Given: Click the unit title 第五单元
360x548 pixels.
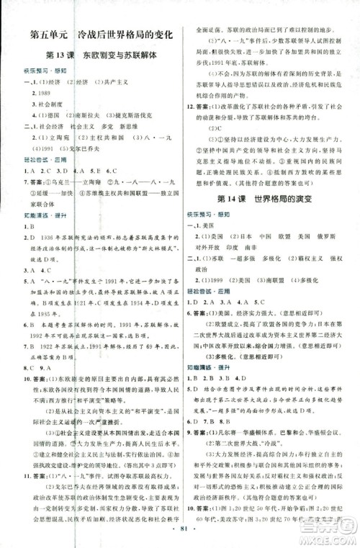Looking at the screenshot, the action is click(50, 33).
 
